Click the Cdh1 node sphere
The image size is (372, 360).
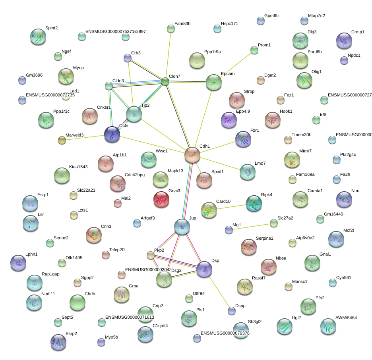pos(192,154)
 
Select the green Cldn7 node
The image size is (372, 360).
pos(165,82)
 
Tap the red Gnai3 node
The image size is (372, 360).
pos(161,199)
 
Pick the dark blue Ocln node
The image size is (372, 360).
pos(112,135)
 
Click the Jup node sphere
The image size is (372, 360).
pos(182,227)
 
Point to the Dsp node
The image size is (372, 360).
pos(204,269)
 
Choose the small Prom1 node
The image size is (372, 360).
pos(254,50)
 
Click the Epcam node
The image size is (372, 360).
pos(213,82)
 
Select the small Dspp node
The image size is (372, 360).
pos(232,311)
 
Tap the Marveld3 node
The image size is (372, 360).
pos(62,140)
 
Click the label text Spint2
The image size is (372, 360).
pos(51,28)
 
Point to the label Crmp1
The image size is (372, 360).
pos(358,32)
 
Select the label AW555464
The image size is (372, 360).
pos(346,318)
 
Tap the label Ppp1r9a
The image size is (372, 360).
pos(212,52)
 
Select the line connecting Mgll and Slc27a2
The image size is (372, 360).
pos(251,226)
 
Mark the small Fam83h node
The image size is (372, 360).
pos(171,29)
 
